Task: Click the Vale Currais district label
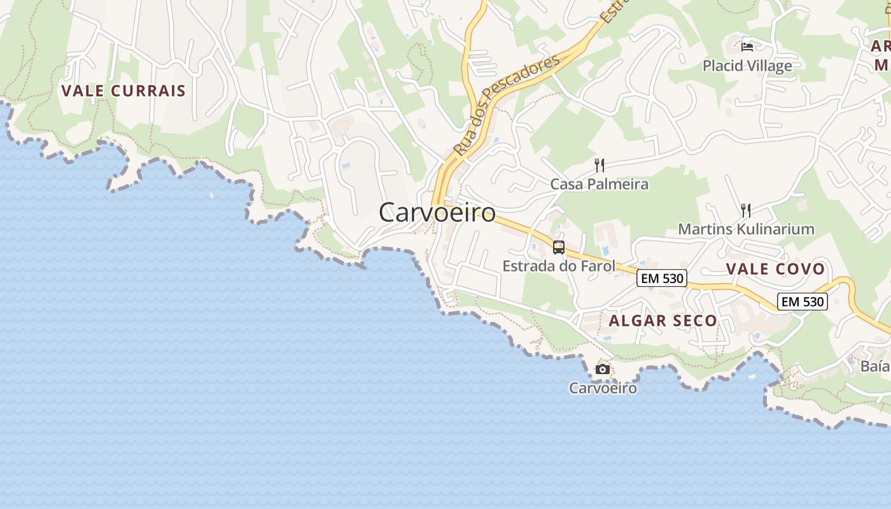click(123, 90)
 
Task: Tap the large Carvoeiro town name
click(437, 213)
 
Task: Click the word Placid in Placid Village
click(723, 66)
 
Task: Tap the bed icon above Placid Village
click(747, 46)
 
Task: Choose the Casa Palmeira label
click(599, 184)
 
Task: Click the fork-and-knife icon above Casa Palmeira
click(599, 165)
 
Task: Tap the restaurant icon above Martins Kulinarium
click(746, 210)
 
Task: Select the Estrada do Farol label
click(559, 266)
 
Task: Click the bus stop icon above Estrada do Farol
click(559, 248)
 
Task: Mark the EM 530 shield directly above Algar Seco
click(662, 278)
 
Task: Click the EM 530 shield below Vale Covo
click(803, 301)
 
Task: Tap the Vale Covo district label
click(775, 269)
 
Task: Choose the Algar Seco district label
click(663, 321)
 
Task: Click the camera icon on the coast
click(602, 369)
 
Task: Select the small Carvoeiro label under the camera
click(603, 387)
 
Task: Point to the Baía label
click(874, 366)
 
